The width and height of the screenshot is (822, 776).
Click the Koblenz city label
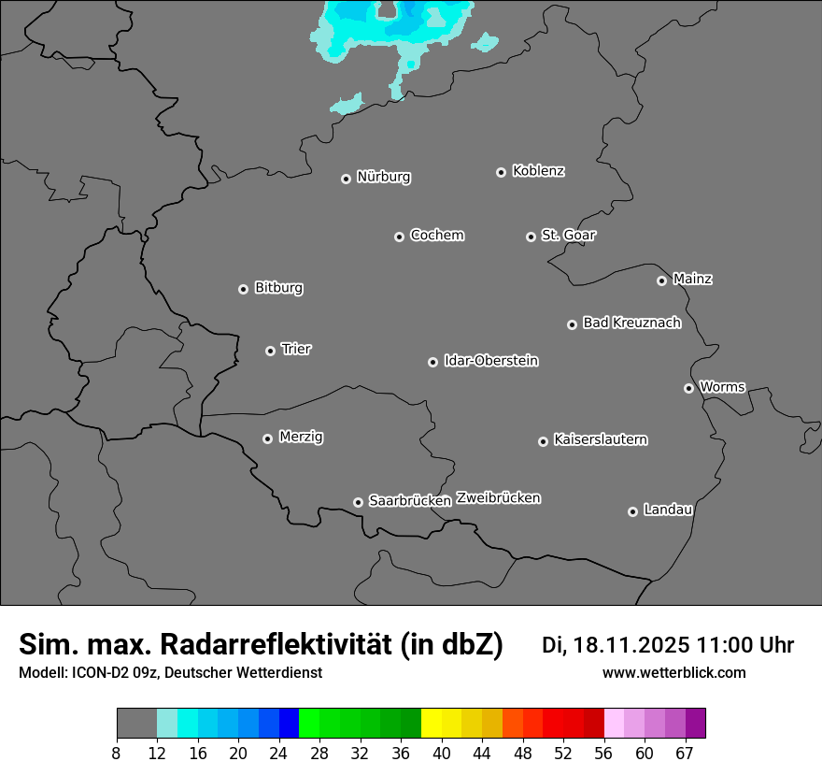[538, 171]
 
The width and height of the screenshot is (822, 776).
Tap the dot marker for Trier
[271, 351]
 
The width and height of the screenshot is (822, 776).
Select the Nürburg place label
[383, 177]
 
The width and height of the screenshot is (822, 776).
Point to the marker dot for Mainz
[662, 280]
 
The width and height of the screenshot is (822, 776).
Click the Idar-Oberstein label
[490, 361]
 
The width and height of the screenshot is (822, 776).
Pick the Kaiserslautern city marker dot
[544, 441]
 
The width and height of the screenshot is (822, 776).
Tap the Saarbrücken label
[410, 501]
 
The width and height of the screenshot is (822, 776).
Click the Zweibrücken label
[498, 498]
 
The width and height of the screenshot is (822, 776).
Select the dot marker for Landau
[633, 511]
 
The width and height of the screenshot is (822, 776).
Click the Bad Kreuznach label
[631, 323]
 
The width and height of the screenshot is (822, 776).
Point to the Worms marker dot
[689, 388]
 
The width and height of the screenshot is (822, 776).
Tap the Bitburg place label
[278, 288]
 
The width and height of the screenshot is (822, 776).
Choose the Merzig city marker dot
[268, 438]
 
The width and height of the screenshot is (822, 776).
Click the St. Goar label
[568, 236]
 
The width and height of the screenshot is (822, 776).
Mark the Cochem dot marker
[400, 237]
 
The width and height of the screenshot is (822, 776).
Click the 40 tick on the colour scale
[441, 753]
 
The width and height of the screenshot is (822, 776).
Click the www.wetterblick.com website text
[673, 673]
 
